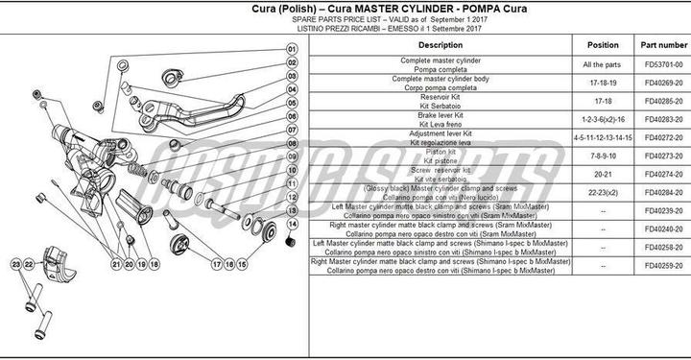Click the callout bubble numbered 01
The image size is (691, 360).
click(x=292, y=48)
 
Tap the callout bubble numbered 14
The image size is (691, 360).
click(x=292, y=224)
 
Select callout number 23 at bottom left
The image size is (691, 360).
click(x=16, y=263)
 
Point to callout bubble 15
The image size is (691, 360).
click(x=242, y=263)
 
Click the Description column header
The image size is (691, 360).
click(x=441, y=45)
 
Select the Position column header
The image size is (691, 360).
click(x=602, y=45)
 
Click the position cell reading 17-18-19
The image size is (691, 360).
click(x=602, y=83)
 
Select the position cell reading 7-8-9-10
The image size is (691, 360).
click(x=602, y=156)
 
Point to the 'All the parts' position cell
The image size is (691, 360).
click(x=602, y=64)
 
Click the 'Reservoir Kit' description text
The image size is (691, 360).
click(x=441, y=96)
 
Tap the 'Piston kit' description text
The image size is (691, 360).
click(x=441, y=151)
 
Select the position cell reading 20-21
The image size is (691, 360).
click(x=602, y=174)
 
